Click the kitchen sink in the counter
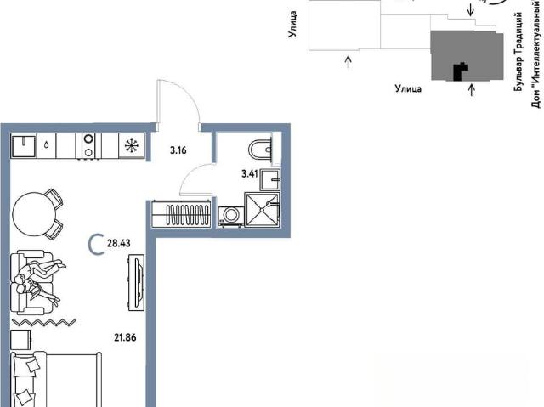click(x=24, y=145)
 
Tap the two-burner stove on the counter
click(x=88, y=146)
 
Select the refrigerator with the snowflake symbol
click(x=132, y=145)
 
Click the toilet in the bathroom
click(x=260, y=150)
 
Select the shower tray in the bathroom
click(x=262, y=210)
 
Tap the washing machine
click(x=230, y=216)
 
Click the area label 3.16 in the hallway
click(x=178, y=150)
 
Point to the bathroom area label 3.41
click(x=250, y=173)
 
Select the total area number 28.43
click(x=119, y=243)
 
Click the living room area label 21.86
click(x=125, y=337)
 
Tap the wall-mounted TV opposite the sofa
click(x=137, y=282)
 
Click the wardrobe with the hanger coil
click(x=181, y=214)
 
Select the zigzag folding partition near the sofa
click(x=43, y=323)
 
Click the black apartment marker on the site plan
click(x=461, y=71)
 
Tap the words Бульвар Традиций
click(x=518, y=52)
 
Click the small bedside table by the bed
click(x=20, y=339)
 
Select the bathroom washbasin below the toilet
click(x=270, y=179)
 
